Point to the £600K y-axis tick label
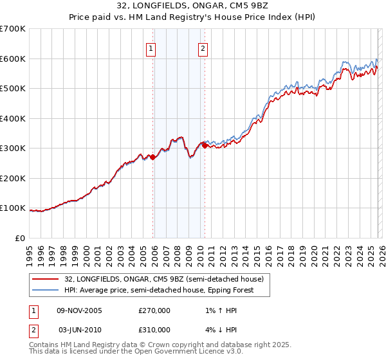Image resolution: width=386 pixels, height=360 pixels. click(x=13, y=59)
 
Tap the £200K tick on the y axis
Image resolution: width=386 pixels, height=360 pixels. click(x=13, y=178)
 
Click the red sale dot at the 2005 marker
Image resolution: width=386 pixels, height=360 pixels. click(x=153, y=157)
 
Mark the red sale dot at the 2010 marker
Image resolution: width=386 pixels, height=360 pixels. click(x=205, y=145)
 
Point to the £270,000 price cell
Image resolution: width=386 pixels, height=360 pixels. click(x=154, y=310)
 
